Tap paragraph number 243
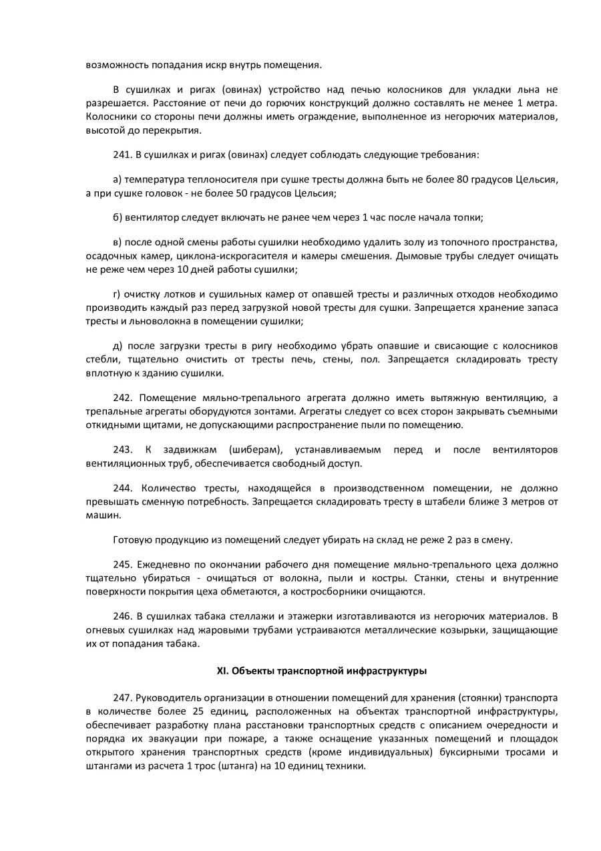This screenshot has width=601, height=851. point(122,450)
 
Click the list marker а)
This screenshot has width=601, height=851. point(118,180)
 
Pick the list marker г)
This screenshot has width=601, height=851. point(117,294)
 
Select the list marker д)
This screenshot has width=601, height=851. point(118,346)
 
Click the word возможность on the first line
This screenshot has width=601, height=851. point(115,65)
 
